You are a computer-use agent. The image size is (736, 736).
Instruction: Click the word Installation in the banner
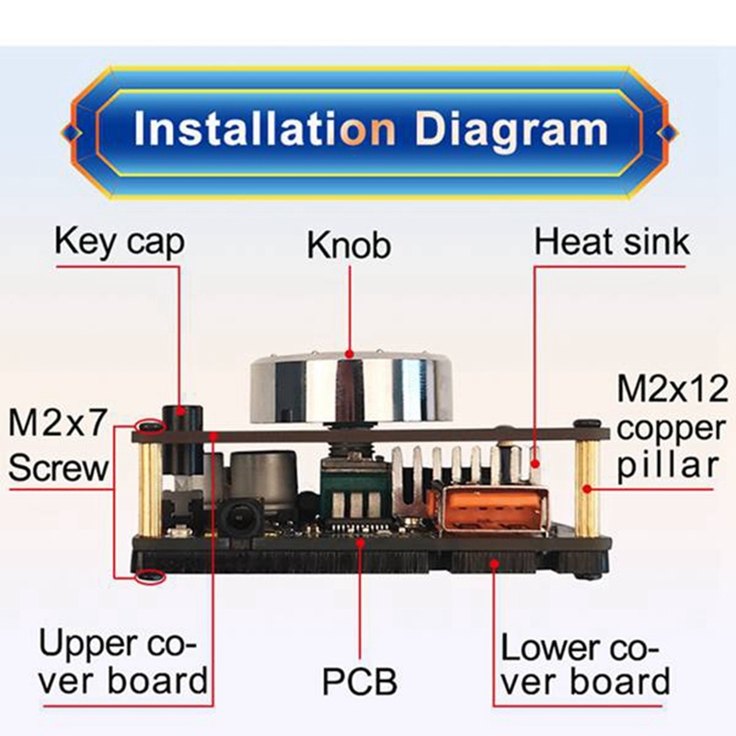265,128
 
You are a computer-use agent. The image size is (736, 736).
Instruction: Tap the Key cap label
120,242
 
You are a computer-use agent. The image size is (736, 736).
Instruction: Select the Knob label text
349,245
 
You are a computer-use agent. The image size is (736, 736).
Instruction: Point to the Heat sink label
612,242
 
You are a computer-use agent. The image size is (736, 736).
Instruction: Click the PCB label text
360,681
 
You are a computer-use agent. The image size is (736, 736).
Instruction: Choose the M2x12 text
673,388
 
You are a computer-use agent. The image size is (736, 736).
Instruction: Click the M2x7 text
57,423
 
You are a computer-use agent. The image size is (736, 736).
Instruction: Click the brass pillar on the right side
588,489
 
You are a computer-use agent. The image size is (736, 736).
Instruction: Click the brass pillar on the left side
150,489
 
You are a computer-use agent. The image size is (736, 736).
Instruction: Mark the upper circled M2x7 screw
150,427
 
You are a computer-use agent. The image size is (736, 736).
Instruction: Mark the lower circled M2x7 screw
150,576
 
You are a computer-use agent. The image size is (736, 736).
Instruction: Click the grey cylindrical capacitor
264,477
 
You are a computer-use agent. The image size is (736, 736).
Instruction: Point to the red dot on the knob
349,353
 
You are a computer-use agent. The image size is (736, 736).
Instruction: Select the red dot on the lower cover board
494,563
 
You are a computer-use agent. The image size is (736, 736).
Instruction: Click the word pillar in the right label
668,466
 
